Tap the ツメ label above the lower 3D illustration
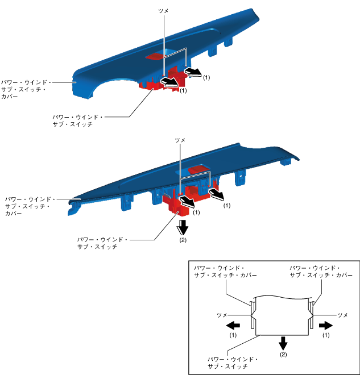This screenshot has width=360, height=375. click(180, 140)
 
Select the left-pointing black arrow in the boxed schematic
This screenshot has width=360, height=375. click(233, 326)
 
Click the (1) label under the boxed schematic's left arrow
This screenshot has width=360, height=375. click(233, 335)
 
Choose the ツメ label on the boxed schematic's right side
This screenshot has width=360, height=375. click(342, 314)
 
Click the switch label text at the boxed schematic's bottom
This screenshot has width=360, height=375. click(233, 364)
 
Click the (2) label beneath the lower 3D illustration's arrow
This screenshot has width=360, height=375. click(183, 240)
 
